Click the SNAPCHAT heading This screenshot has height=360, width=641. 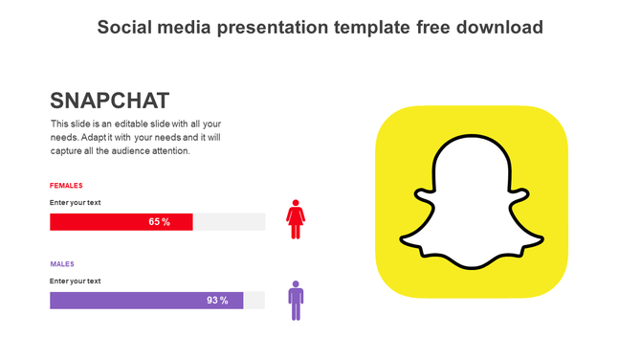[x=109, y=101]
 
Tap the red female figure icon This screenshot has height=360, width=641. [x=296, y=219]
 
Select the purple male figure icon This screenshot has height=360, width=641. [x=296, y=301]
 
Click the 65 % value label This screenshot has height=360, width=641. [x=159, y=222]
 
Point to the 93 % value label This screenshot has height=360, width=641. [x=217, y=301]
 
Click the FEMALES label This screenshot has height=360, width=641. [x=66, y=186]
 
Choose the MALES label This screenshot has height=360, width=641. [x=62, y=264]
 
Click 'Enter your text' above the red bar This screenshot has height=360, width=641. [x=75, y=203]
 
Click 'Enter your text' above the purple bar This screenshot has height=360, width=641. [x=75, y=281]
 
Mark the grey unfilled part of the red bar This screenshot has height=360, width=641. [x=229, y=222]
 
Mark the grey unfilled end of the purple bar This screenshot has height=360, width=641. [x=254, y=301]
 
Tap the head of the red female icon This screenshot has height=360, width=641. [x=296, y=204]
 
